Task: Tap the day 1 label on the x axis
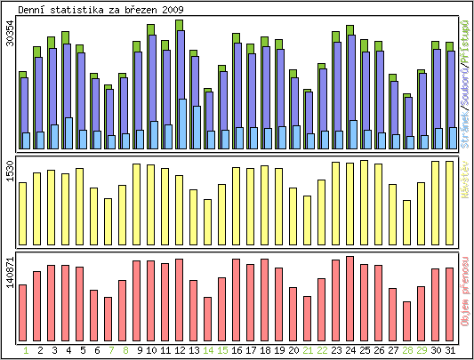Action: pos(26,350)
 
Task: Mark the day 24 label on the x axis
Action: pos(350,350)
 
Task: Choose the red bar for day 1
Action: pos(22,311)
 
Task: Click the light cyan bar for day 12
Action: pos(182,124)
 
